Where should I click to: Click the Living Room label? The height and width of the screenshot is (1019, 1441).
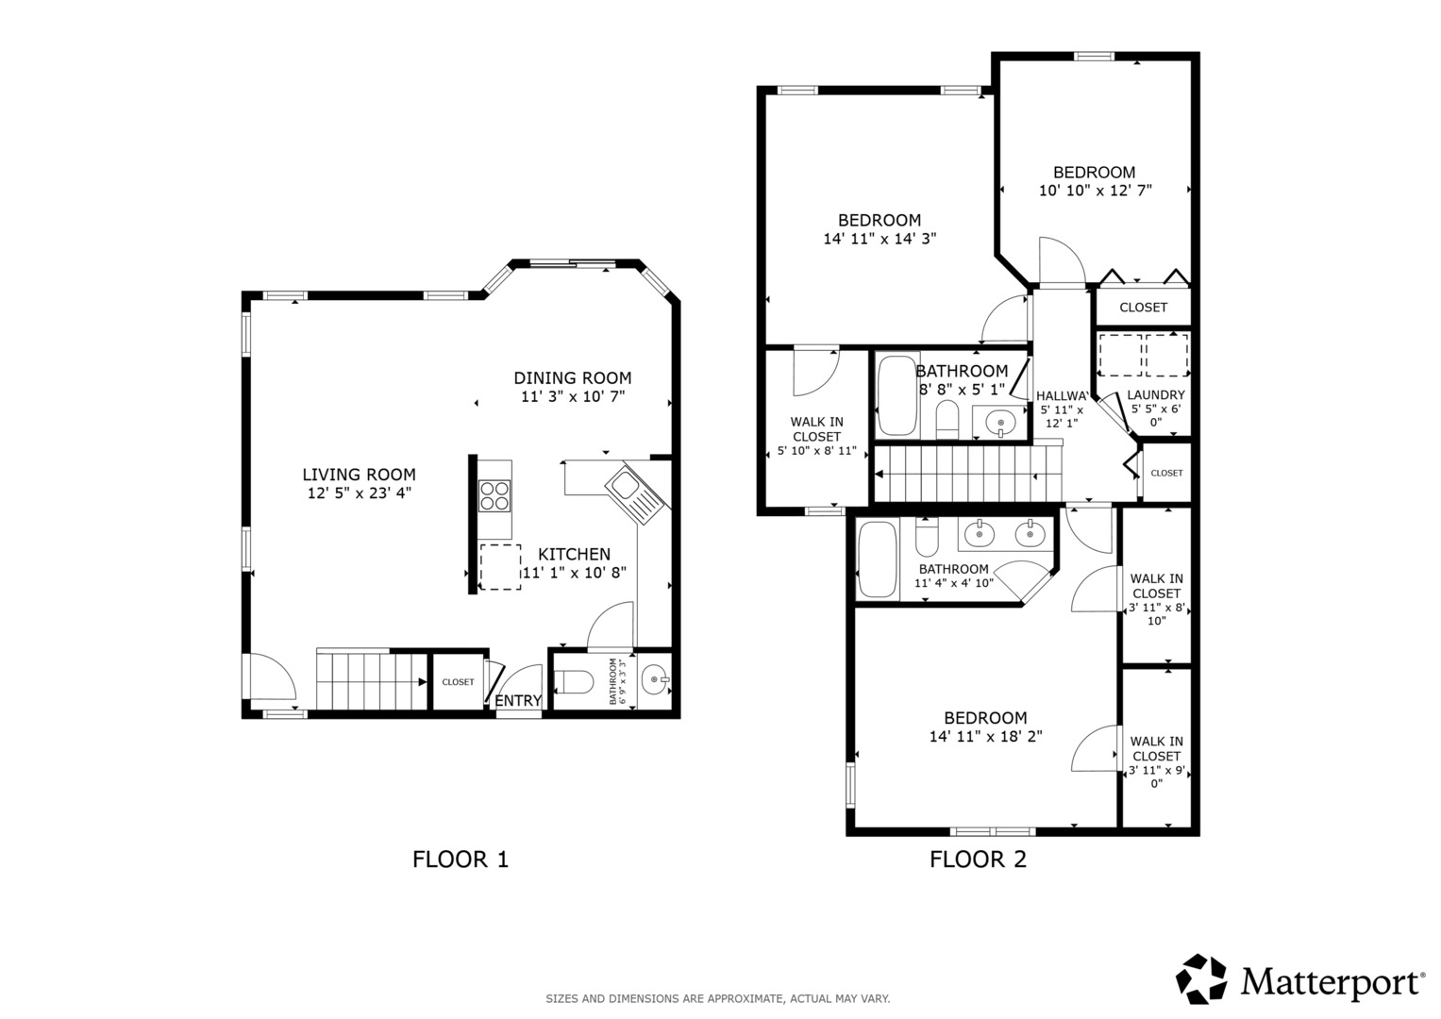click(x=359, y=475)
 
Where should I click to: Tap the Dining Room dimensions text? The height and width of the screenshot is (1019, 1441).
click(x=573, y=396)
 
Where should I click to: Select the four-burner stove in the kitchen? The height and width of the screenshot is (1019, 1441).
click(x=494, y=495)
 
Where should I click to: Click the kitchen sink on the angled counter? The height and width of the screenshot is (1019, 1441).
click(x=632, y=495)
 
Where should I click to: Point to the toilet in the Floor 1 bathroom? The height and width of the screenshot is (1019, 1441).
click(x=573, y=682)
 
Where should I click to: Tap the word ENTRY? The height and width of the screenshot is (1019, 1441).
click(x=518, y=700)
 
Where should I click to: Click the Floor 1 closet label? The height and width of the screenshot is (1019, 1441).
click(x=458, y=682)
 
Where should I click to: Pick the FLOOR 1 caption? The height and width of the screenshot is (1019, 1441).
click(x=461, y=860)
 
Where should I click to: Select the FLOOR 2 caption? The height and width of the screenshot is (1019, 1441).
click(x=978, y=860)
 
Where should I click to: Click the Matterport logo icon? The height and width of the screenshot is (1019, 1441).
click(x=1201, y=980)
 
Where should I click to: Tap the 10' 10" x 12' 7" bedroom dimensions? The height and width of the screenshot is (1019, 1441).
click(x=1095, y=191)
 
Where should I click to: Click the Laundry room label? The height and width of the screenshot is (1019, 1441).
click(x=1156, y=395)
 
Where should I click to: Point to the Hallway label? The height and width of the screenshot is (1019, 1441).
click(x=1062, y=396)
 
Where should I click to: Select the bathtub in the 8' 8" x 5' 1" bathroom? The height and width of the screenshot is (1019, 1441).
click(x=897, y=394)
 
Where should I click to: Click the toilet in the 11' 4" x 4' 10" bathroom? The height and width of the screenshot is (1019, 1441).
click(x=927, y=537)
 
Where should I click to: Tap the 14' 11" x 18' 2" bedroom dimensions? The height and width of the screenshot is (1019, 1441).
click(x=985, y=736)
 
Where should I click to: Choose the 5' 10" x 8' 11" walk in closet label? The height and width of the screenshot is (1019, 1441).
click(x=817, y=436)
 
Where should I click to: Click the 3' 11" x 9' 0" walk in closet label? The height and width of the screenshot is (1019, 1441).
click(x=1157, y=762)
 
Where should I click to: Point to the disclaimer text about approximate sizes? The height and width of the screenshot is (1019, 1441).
click(x=718, y=999)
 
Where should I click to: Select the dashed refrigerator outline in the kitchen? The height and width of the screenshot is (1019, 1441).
click(x=500, y=567)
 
